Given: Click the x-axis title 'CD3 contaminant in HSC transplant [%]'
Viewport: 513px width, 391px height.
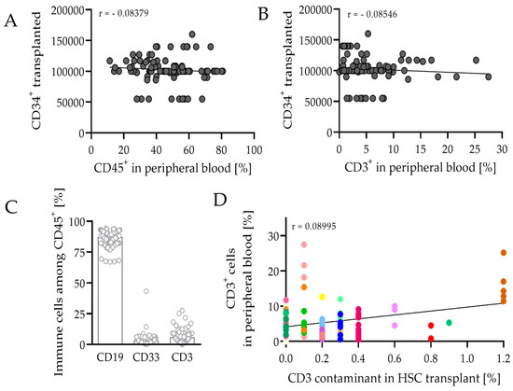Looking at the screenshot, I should click(x=394, y=377).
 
